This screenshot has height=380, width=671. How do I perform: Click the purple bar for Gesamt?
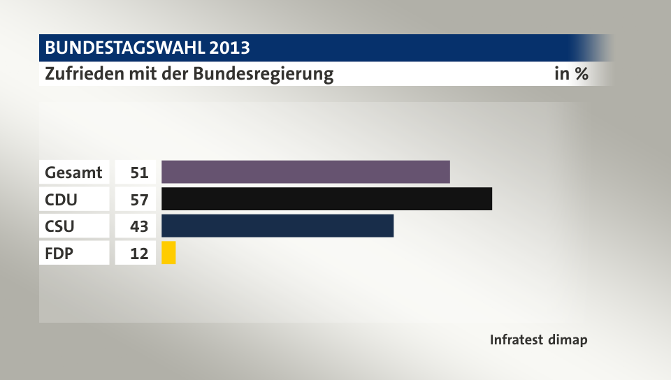(305, 172)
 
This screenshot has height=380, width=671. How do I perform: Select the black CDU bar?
(326, 199)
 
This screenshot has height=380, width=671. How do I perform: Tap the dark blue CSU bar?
(277, 226)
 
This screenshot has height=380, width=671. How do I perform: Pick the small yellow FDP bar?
(168, 253)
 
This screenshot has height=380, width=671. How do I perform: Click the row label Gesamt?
(73, 172)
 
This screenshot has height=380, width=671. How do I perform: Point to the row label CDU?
(62, 199)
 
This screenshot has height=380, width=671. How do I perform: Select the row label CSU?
(60, 226)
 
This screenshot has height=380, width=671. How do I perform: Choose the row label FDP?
(59, 254)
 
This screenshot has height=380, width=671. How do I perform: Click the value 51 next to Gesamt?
(139, 172)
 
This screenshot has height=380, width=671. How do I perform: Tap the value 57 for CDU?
(139, 199)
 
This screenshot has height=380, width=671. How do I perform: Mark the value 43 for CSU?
(139, 226)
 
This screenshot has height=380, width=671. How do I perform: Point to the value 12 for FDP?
(139, 254)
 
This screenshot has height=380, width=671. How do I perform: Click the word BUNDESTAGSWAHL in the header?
(124, 48)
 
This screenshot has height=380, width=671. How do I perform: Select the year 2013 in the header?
(228, 48)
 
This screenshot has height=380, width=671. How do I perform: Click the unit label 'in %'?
(571, 73)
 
